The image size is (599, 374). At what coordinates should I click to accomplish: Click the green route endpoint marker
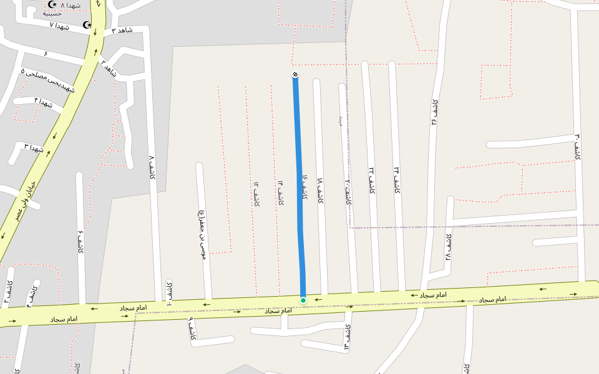[x=303, y=300]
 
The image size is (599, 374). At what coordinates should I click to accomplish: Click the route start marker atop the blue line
[x=295, y=75]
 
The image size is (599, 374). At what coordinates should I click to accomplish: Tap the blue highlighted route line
[x=299, y=187]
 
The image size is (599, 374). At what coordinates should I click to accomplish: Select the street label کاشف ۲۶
[x=434, y=112]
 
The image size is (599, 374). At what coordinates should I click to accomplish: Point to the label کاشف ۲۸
[x=448, y=248]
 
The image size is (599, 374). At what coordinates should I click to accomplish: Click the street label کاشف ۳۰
[x=578, y=147]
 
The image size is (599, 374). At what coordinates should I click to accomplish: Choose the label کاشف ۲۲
[x=371, y=180]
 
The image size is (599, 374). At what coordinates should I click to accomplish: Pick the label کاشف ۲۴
[x=396, y=180]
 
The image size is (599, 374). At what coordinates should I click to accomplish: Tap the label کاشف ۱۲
[x=256, y=194]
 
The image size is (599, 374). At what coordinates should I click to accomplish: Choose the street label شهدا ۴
[x=44, y=102]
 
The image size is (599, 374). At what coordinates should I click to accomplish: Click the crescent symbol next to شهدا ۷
[x=87, y=25]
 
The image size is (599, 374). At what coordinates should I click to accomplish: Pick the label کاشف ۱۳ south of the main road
[x=347, y=336]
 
